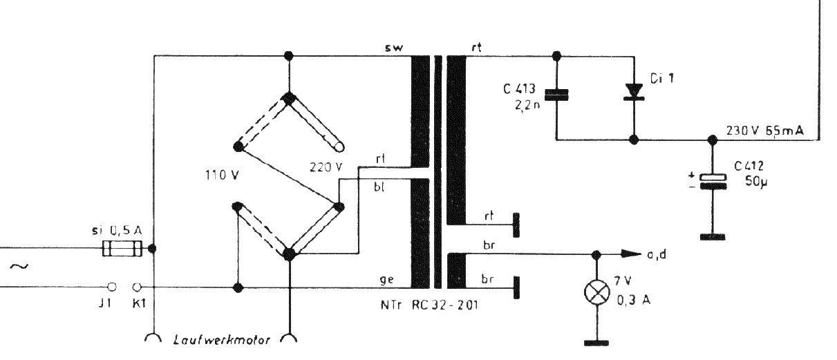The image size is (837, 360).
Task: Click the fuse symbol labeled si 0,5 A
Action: (x=122, y=248)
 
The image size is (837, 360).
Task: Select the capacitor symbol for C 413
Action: (x=557, y=95)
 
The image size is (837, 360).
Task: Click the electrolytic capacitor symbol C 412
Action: (x=713, y=180)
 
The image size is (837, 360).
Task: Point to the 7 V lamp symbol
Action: (x=595, y=293)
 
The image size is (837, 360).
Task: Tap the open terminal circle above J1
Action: (x=112, y=286)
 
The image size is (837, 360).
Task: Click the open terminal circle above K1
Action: (x=137, y=286)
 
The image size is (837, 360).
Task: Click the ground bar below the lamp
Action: (x=595, y=341)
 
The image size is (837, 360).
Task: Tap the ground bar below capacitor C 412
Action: (x=713, y=236)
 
